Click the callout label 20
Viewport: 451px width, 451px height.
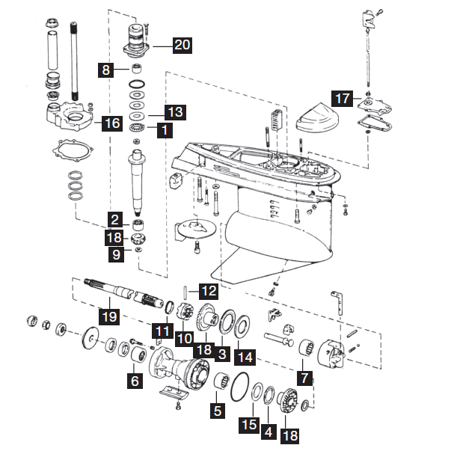coord(182,45)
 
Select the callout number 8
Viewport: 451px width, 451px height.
coord(107,70)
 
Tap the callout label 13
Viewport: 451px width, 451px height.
coord(174,112)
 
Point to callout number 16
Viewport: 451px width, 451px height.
coord(111,123)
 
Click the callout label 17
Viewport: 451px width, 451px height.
coord(342,98)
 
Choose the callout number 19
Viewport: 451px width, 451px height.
coord(110,317)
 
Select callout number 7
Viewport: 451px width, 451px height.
coord(304,378)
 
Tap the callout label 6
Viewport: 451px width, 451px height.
coord(135,381)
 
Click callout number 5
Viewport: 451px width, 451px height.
coord(218,410)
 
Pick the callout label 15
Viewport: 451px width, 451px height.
coord(249,424)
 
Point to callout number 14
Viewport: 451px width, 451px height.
coord(243,357)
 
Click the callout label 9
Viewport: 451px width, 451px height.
coord(116,254)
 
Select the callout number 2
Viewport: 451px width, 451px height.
coord(116,220)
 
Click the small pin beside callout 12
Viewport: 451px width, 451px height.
coord(186,289)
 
